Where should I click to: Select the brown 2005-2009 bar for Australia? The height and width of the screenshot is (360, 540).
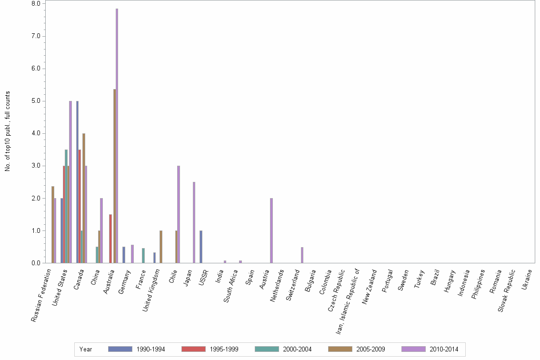pyautogui.click(x=114, y=176)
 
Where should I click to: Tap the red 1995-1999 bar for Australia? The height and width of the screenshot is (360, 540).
pyautogui.click(x=110, y=239)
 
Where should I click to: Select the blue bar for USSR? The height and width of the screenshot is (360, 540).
pyautogui.click(x=201, y=247)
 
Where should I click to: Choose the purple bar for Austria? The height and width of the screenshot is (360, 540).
pyautogui.click(x=271, y=230)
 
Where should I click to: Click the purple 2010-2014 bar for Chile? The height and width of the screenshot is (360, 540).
pyautogui.click(x=179, y=214)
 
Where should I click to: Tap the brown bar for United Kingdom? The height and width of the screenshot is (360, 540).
pyautogui.click(x=161, y=247)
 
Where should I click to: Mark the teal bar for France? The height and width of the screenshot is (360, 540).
pyautogui.click(x=143, y=255)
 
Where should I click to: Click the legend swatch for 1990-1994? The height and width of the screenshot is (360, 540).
pyautogui.click(x=120, y=349)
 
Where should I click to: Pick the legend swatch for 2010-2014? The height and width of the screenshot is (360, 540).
pyautogui.click(x=413, y=349)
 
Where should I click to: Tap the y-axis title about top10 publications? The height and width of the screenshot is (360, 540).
pyautogui.click(x=8, y=131)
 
